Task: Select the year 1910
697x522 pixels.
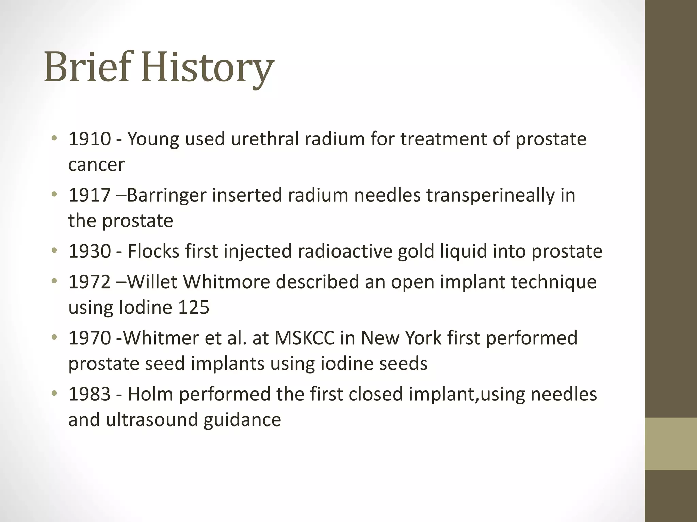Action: [90, 139]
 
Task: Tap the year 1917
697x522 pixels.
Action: [90, 195]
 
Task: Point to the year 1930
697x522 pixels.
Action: [90, 251]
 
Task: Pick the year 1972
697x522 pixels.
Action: [90, 282]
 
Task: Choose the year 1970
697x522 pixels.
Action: [90, 338]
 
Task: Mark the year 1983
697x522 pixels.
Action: [90, 394]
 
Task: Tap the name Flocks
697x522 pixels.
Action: [153, 251]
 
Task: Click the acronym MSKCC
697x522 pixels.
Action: [305, 338]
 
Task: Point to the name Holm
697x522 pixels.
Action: [150, 394]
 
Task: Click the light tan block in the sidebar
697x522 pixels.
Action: [670, 443]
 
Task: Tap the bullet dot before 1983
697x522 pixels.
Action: [54, 394]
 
